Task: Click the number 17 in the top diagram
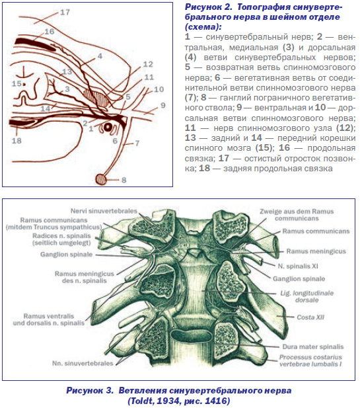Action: tap(65, 12)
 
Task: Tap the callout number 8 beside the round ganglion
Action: tap(124, 180)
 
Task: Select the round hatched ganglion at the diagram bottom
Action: tap(101, 179)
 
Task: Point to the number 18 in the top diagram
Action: tap(17, 141)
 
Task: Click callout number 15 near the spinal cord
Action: tap(17, 83)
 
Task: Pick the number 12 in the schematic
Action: tap(148, 64)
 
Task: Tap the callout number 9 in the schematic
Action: tap(162, 105)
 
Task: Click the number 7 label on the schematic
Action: tap(137, 143)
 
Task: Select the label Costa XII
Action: tap(310, 317)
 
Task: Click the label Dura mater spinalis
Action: tap(313, 347)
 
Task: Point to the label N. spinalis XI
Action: tap(298, 266)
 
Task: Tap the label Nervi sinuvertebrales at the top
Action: tap(104, 211)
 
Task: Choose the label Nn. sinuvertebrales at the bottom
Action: tap(83, 363)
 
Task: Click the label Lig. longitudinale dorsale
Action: tap(307, 296)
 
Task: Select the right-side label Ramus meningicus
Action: tap(316, 251)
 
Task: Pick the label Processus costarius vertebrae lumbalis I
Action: tap(310, 360)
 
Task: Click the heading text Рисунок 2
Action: tap(209, 7)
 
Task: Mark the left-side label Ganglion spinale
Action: tap(66, 254)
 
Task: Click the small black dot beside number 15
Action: tap(24, 84)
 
